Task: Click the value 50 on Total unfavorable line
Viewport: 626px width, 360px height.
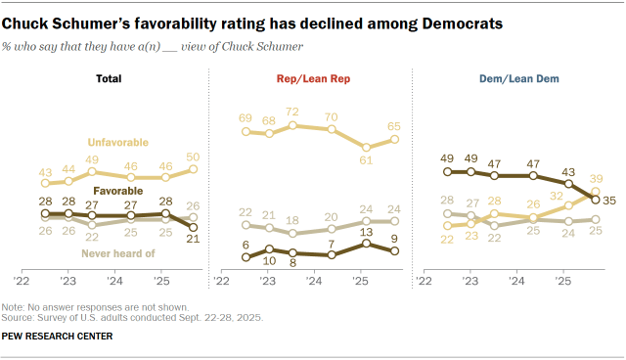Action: click(193, 157)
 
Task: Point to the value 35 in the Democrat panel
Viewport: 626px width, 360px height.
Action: click(607, 200)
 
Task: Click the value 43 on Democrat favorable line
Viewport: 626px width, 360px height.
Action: click(569, 170)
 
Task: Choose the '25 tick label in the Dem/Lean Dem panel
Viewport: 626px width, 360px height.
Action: click(563, 281)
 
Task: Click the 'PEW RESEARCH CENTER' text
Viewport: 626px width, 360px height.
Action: click(57, 337)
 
